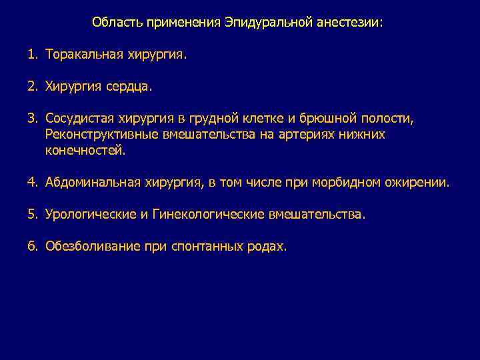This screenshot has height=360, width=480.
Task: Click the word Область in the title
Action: point(113,23)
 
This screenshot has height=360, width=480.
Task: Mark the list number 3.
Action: point(32,119)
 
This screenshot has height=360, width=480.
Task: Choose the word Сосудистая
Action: point(80,119)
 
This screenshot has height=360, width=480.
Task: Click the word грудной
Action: point(233,119)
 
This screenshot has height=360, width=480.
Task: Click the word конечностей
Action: point(85,151)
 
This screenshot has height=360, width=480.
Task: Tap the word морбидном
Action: point(343,182)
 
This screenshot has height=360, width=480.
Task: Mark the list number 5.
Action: point(32,215)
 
